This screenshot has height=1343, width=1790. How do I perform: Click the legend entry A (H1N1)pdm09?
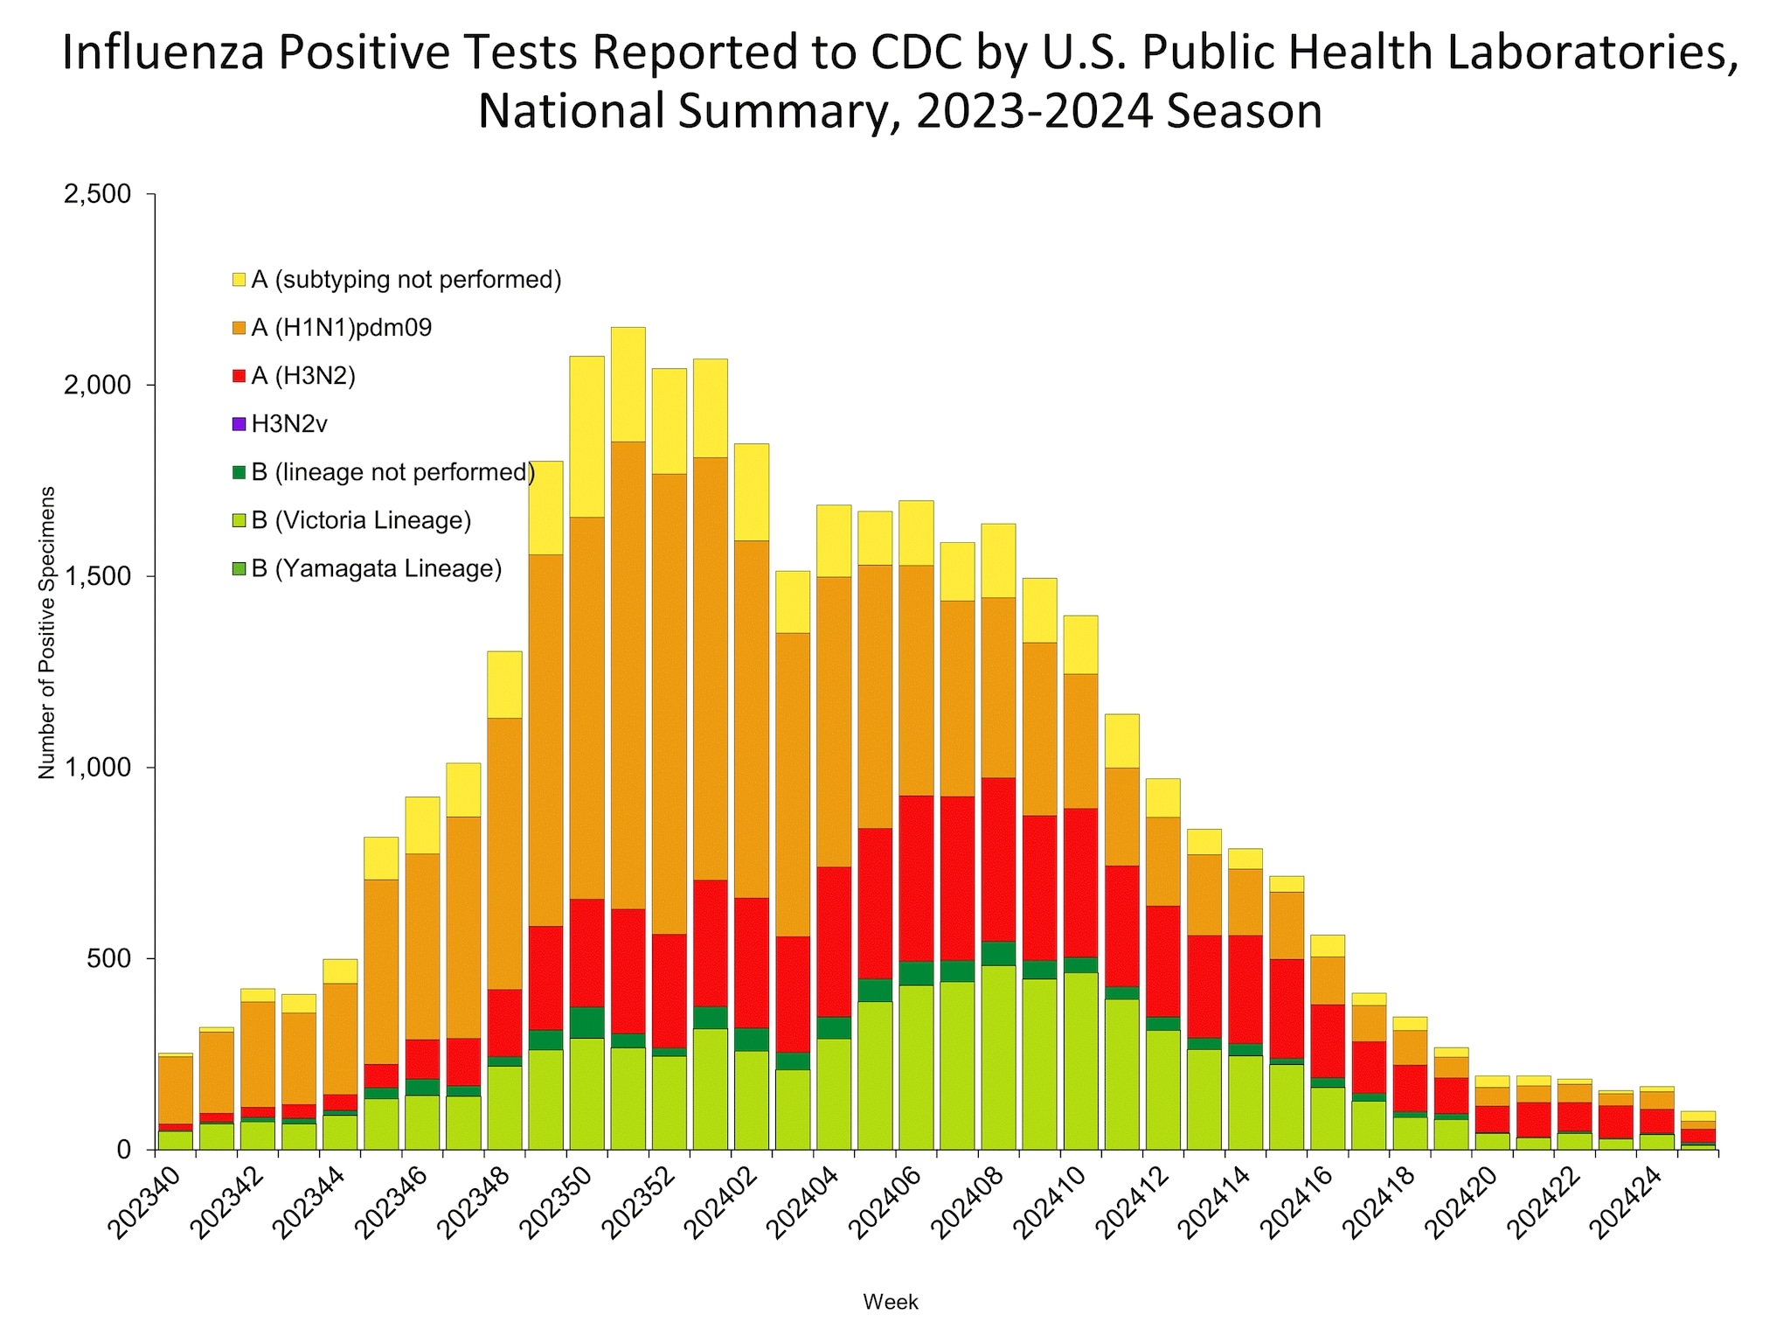click(341, 329)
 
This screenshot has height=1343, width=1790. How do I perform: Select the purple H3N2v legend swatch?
click(239, 425)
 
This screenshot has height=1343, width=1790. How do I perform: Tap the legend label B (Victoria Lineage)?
click(361, 521)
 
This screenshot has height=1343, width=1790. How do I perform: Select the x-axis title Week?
click(890, 1302)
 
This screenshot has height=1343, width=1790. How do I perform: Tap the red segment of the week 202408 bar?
click(997, 859)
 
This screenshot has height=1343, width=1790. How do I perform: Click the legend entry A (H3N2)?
click(303, 377)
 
